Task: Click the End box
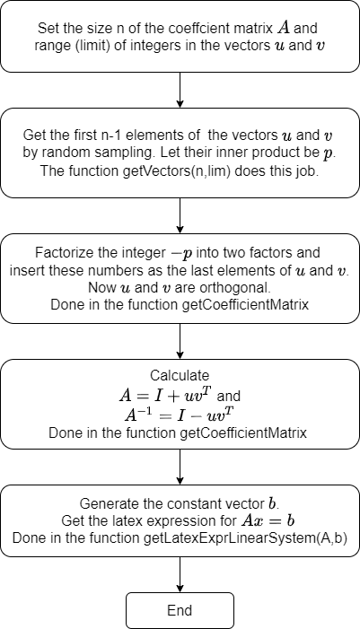(180, 610)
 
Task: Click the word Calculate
(180, 375)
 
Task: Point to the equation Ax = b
(268, 520)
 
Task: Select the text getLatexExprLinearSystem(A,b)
(246, 538)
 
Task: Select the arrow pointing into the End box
(180, 574)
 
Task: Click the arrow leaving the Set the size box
(180, 91)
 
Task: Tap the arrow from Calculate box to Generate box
(180, 467)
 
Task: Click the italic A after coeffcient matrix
(283, 28)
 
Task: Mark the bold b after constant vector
(273, 503)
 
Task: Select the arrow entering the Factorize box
(180, 216)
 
